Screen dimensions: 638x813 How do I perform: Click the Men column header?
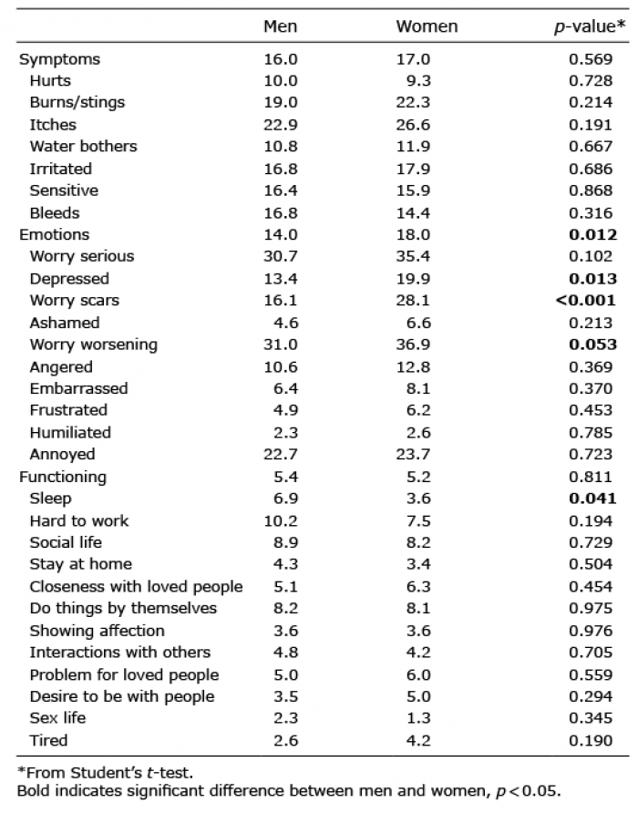point(280,26)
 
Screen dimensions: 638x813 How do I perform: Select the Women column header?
point(427,26)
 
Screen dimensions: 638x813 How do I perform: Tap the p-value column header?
point(590,27)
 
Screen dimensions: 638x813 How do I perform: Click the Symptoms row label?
point(59,59)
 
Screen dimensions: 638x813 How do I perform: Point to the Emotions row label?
point(55,235)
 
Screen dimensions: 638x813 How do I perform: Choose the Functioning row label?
point(63,477)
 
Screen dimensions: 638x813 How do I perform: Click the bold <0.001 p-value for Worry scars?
point(586,300)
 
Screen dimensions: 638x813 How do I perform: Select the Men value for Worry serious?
point(281,256)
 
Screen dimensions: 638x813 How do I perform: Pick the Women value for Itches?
point(414,125)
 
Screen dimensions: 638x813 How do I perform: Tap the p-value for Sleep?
point(592,499)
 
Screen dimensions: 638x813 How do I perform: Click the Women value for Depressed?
point(414,279)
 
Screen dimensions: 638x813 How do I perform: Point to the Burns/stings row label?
point(77,103)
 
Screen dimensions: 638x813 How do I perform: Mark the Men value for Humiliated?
point(286,433)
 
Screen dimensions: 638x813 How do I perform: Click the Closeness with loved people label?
point(137,587)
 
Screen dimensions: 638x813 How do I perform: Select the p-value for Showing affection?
point(591,631)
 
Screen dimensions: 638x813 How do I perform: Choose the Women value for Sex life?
point(418,718)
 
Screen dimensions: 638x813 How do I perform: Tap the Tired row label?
point(48,740)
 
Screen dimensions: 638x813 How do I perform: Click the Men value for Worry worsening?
point(281,345)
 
